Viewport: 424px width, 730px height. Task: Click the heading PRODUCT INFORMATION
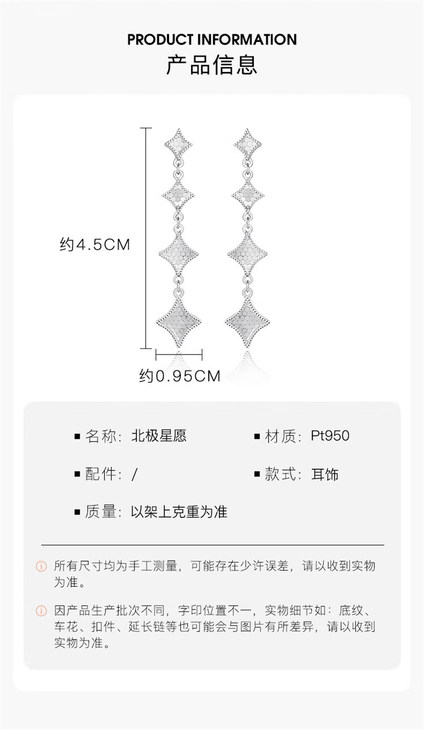[212, 40]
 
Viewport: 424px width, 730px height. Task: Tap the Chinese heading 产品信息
[212, 64]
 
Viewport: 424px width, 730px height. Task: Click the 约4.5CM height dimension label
[95, 245]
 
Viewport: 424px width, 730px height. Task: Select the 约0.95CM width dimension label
[180, 376]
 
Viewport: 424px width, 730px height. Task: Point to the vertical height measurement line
[146, 237]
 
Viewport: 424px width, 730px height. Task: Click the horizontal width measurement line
[179, 355]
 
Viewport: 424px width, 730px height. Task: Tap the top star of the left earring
[179, 144]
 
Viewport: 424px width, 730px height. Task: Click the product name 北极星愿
[159, 436]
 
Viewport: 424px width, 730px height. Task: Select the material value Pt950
[330, 436]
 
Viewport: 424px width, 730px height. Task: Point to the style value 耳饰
[325, 474]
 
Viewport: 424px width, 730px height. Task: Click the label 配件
[102, 474]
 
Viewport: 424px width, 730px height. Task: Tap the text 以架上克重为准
[179, 512]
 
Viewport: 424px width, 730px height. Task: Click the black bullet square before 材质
[257, 437]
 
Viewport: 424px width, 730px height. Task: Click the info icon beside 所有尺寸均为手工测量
[41, 566]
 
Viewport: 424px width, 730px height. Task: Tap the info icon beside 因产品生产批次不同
[41, 611]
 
